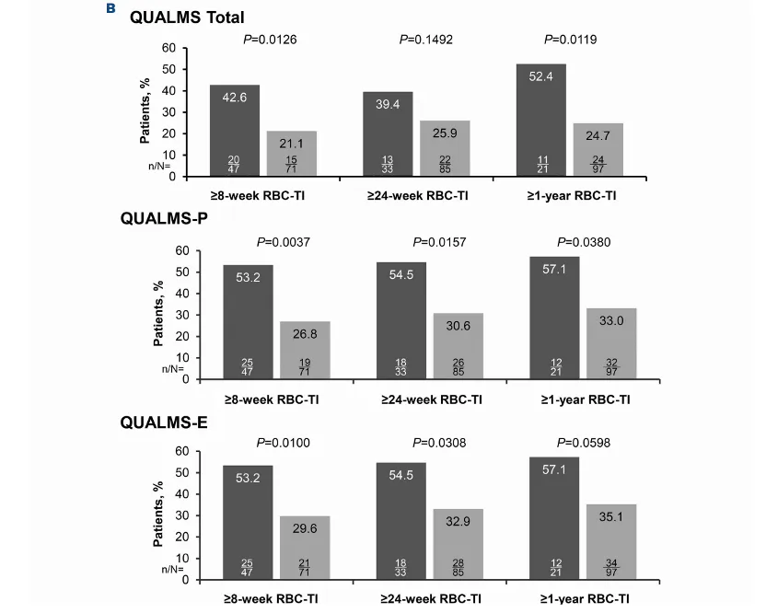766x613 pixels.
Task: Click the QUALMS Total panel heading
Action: pos(187,17)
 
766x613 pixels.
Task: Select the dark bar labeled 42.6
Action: pos(235,131)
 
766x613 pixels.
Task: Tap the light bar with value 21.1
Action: pos(292,154)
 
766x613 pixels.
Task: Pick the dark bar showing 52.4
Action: pos(541,121)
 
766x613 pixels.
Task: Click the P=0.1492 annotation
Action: pos(426,40)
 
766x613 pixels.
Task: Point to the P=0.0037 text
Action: pos(284,242)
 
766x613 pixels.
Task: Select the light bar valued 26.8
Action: pos(305,350)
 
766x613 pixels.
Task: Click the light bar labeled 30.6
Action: pos(458,346)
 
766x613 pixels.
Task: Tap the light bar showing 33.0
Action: pos(611,343)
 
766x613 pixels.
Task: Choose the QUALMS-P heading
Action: pos(164,218)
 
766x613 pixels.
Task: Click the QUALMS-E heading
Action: pos(164,422)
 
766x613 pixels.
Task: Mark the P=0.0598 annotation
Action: pos(584,443)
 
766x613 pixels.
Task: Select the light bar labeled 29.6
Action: pos(305,548)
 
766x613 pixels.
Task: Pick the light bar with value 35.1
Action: pos(611,542)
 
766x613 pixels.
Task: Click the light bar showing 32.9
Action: pos(458,545)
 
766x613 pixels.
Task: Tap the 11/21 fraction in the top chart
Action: pos(543,165)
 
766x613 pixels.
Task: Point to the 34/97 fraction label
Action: pos(611,568)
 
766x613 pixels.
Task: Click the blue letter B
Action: pos(110,8)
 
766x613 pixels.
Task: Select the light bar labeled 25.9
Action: pos(445,148)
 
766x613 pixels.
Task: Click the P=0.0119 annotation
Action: pos(571,40)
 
